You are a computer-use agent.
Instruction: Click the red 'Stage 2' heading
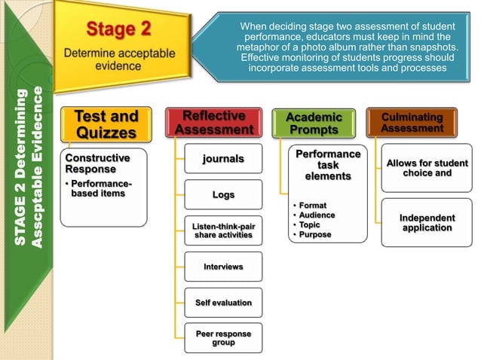tap(118, 29)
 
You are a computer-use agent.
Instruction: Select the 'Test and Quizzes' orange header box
tap(106, 124)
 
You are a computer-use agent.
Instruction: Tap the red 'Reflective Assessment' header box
tap(213, 123)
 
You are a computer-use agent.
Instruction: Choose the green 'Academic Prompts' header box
tap(314, 124)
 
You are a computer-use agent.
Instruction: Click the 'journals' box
tap(223, 158)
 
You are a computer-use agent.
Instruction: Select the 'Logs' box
tap(223, 194)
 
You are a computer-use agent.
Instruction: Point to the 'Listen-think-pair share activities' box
tap(223, 230)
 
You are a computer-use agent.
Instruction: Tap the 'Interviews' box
tap(223, 267)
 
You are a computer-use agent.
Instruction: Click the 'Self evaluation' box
tap(223, 302)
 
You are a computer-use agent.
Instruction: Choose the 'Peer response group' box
tap(223, 337)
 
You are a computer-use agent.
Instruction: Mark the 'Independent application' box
tap(426, 222)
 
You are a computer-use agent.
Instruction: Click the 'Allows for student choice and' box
tap(426, 168)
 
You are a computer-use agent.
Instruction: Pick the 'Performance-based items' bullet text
tap(98, 188)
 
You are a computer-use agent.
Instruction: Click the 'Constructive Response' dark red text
tap(97, 163)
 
